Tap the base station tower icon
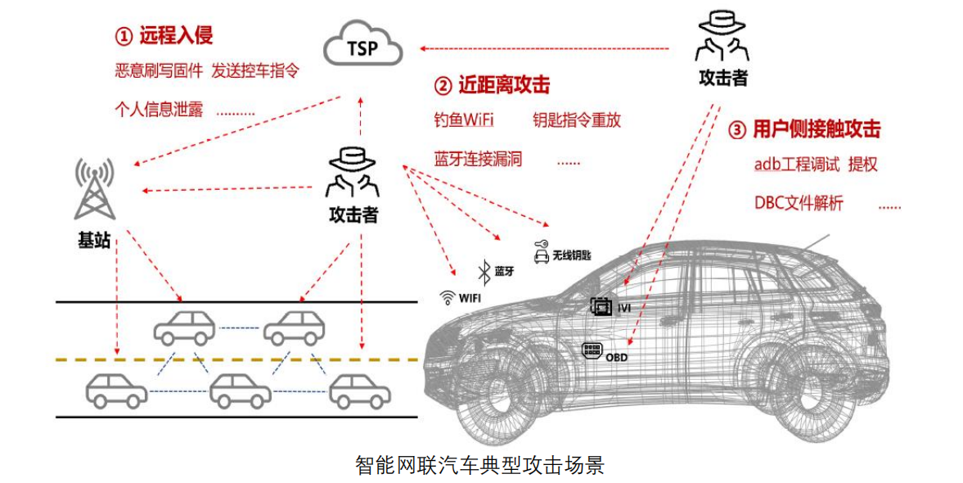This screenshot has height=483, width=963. (x=94, y=189)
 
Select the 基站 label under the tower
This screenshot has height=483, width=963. (x=94, y=240)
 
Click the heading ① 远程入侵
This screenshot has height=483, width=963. (x=164, y=35)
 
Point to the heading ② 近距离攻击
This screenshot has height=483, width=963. (x=492, y=84)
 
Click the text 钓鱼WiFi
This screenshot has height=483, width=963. (x=464, y=120)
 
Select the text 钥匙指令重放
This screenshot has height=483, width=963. (x=577, y=120)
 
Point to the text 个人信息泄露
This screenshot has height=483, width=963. (x=159, y=109)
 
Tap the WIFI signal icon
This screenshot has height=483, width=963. (x=448, y=297)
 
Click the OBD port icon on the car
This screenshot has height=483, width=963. (x=592, y=351)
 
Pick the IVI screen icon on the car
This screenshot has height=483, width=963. (x=601, y=307)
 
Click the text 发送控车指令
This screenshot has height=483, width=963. (x=254, y=71)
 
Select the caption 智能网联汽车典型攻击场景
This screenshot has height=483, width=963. (x=480, y=465)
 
